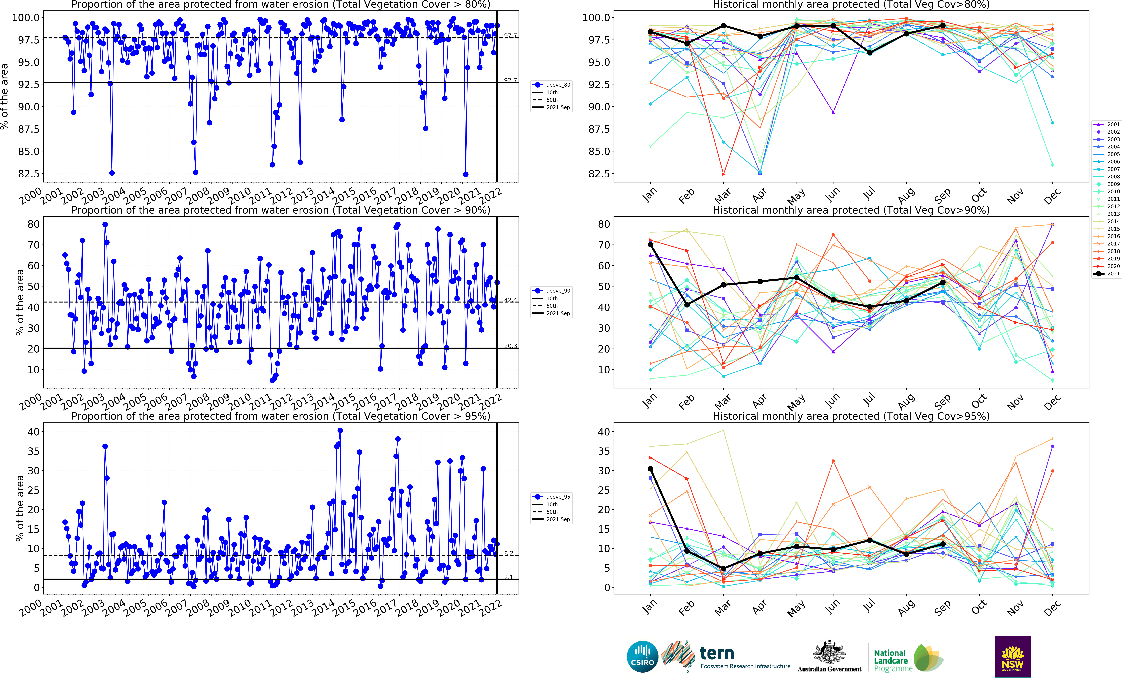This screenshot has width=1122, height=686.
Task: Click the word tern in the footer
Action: point(717,654)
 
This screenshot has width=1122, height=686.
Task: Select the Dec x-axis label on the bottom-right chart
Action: point(1052,608)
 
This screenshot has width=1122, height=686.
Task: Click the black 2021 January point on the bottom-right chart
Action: point(650,469)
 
